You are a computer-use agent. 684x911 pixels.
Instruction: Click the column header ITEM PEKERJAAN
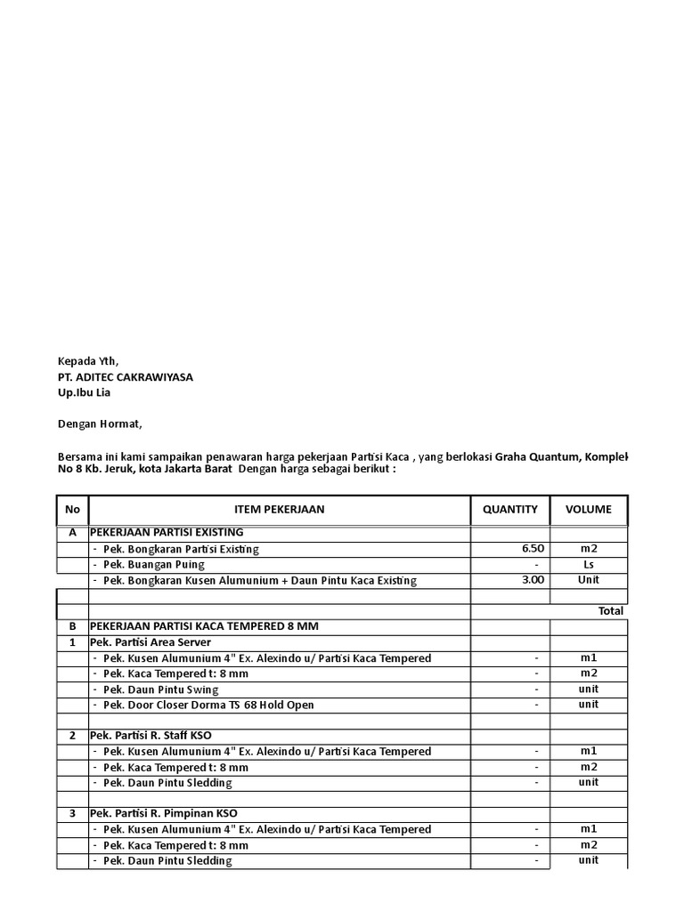(279, 510)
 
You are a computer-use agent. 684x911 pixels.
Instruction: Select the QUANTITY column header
(509, 510)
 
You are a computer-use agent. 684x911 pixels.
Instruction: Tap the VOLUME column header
(588, 510)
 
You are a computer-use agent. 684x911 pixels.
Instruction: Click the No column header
(72, 510)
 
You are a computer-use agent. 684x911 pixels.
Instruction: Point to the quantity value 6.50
(533, 549)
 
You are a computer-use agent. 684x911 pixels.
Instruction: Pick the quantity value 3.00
(533, 580)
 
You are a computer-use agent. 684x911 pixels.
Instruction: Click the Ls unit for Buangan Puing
(588, 565)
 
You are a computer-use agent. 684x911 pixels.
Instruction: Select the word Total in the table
(611, 611)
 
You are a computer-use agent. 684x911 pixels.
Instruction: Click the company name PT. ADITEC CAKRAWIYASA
(126, 377)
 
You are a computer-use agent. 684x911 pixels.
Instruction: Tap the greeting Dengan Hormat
(100, 423)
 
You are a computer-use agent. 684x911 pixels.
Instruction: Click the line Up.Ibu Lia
(85, 392)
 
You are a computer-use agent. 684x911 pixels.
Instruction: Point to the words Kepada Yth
(88, 361)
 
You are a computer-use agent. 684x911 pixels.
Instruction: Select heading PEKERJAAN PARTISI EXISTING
(167, 532)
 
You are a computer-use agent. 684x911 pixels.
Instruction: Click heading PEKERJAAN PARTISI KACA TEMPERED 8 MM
(204, 626)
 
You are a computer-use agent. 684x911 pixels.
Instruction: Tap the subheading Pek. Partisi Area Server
(151, 642)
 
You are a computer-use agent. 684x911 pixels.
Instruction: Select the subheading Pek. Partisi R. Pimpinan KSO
(164, 813)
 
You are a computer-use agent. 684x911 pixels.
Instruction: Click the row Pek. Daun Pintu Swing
(160, 689)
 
